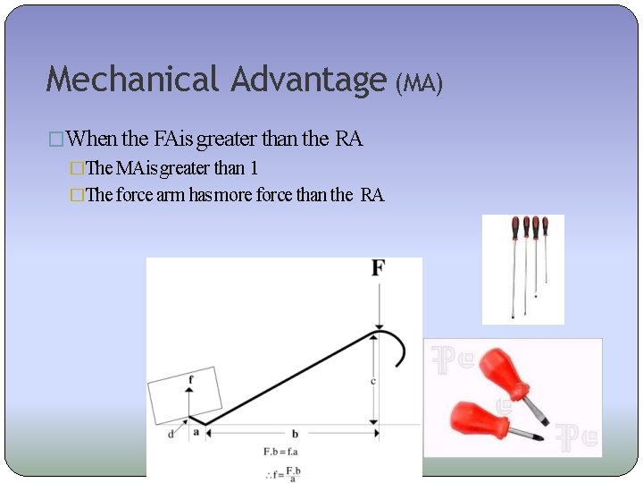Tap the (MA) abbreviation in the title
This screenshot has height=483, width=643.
click(x=419, y=83)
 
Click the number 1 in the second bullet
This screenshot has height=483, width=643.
click(x=254, y=167)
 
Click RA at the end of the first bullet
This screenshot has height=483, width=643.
click(x=349, y=139)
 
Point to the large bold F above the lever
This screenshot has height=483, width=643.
click(x=379, y=268)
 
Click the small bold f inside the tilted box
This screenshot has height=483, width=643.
click(x=189, y=380)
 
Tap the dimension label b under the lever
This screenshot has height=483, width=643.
click(x=295, y=434)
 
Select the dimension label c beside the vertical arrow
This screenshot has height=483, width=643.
click(x=372, y=381)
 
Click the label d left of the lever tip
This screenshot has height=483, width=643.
click(x=171, y=434)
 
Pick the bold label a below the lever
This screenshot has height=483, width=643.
click(x=196, y=432)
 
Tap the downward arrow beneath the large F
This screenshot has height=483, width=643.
click(x=380, y=304)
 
